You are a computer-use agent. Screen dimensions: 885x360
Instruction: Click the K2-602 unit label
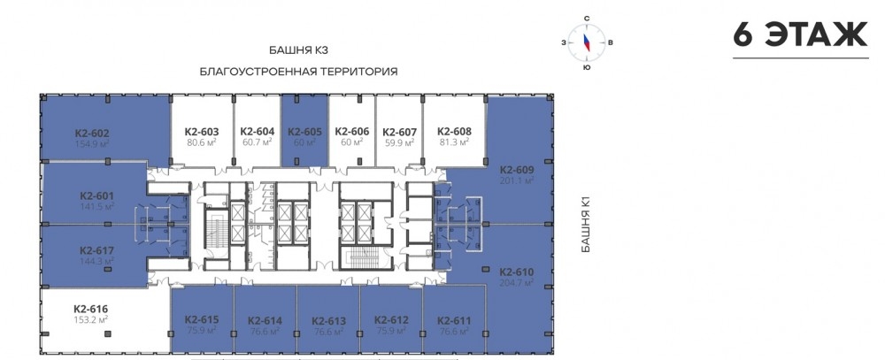click(92, 134)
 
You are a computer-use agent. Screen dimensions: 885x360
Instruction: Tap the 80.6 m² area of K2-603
click(203, 142)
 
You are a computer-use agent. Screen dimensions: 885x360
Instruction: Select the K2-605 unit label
click(304, 132)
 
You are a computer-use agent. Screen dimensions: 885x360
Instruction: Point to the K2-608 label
click(454, 132)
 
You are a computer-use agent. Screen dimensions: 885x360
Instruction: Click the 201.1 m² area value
click(517, 180)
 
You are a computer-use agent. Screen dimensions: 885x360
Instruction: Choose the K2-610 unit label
click(517, 272)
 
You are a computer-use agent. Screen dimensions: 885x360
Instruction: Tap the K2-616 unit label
click(91, 310)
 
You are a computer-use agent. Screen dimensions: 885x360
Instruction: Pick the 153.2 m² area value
click(91, 318)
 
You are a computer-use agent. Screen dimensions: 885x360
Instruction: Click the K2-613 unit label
click(328, 321)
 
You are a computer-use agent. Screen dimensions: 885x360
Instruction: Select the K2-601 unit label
click(97, 196)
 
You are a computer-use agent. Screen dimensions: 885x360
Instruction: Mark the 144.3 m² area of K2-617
click(97, 261)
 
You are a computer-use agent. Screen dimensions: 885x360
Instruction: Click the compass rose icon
click(587, 42)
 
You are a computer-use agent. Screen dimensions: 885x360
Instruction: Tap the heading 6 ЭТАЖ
click(800, 35)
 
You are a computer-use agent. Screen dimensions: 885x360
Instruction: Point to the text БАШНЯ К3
click(298, 50)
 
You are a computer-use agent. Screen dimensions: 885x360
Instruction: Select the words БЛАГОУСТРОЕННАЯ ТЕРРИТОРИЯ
click(298, 72)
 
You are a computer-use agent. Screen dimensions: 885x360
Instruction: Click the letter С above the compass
click(587, 19)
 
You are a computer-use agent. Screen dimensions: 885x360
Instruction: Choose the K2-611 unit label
click(454, 321)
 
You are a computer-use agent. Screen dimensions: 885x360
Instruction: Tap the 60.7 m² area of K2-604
click(258, 142)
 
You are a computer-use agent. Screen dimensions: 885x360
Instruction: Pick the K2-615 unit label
click(202, 320)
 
